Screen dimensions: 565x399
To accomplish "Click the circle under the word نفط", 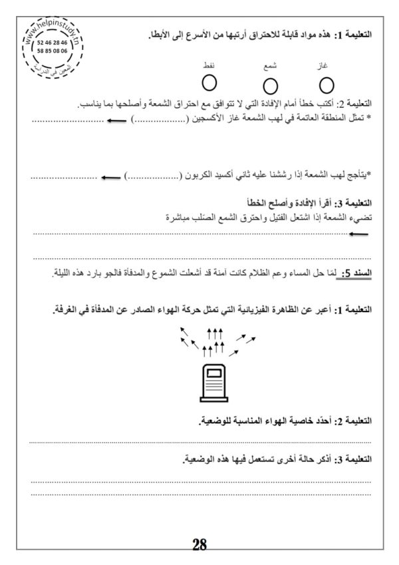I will (210, 83).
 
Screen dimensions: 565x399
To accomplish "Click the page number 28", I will (199, 544).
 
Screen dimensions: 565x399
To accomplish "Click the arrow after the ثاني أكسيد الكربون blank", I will (110, 178).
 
